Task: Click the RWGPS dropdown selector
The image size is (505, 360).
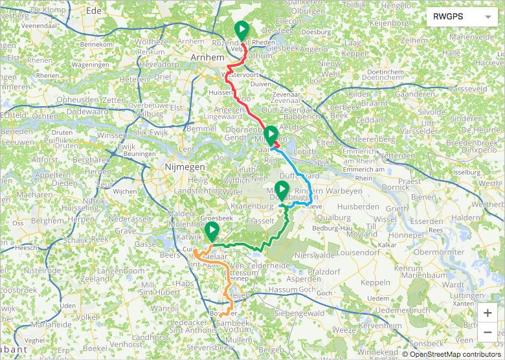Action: coord(462,17)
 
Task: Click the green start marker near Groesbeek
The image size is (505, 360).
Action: coord(211,232)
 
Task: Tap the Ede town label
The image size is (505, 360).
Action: coord(95,11)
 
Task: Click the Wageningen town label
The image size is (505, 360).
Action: coord(90,65)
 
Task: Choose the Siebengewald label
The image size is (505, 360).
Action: coord(297,313)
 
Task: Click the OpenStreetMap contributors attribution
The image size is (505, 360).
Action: coord(454,354)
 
